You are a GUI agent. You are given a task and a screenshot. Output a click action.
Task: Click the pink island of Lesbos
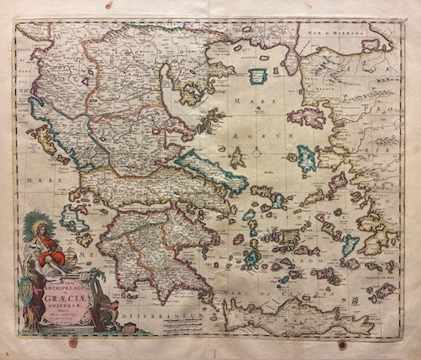click(307, 117)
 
